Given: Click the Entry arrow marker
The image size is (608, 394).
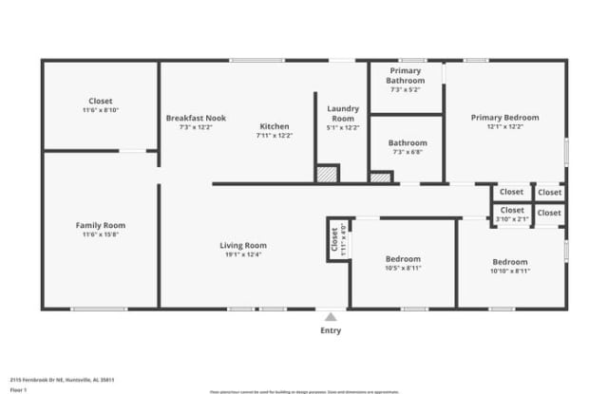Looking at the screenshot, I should click(331, 317).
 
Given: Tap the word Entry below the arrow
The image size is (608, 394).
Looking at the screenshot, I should click(331, 331).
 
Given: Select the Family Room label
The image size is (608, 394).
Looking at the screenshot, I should click(101, 225).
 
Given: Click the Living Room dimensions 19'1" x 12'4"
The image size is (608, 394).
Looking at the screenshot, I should click(243, 254).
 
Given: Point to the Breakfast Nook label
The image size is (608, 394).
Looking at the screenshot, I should click(196, 118).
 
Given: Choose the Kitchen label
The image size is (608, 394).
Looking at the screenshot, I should click(275, 126).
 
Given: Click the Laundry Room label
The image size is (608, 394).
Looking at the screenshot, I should click(342, 113).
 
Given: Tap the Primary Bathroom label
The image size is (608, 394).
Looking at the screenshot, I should click(406, 76).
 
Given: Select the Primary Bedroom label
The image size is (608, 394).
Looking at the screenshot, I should click(504, 118).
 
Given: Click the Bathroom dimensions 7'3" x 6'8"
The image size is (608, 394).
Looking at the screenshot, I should click(408, 152).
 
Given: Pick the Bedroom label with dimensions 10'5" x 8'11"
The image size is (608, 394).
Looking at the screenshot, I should click(403, 259).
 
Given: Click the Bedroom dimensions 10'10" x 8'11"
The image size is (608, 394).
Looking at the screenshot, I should click(510, 271).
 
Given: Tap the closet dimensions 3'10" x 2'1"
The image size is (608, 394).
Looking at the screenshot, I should click(511, 219).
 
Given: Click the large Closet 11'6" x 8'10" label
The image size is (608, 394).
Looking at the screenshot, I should click(101, 101).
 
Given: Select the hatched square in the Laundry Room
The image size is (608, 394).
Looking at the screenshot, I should click(327, 174).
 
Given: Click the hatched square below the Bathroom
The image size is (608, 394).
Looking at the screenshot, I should click(381, 177).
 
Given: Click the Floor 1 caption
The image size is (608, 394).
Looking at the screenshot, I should click(18, 389).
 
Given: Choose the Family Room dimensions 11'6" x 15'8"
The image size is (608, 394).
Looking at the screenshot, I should click(101, 235).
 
